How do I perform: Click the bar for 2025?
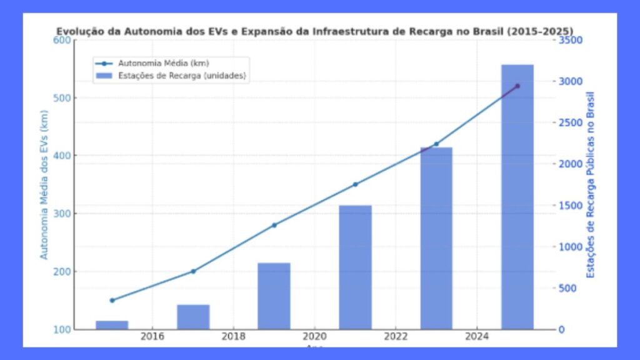coord(517,197)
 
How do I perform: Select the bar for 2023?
coord(436,238)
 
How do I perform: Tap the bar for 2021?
coord(355,267)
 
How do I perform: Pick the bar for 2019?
coord(274,296)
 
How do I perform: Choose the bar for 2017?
coord(193,316)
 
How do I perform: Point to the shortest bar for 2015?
coord(112,325)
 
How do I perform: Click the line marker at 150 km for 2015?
coord(112,301)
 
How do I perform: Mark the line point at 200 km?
coord(193,271)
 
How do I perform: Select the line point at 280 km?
coord(274,225)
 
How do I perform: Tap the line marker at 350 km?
coord(355,184)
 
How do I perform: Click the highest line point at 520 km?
coord(517,86)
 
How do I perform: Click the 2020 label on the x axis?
coord(314,337)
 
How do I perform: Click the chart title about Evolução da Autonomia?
coord(315,30)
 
